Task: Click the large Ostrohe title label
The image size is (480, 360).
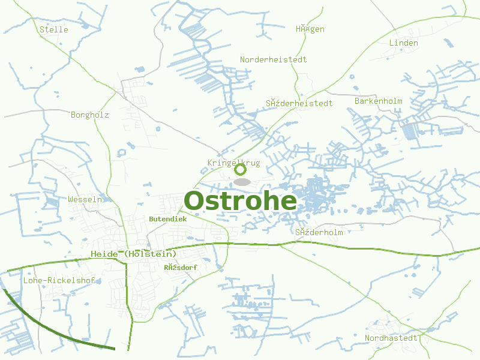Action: pos(240,201)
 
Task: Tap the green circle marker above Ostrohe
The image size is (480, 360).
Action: pos(240,170)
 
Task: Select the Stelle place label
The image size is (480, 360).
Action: pos(54,29)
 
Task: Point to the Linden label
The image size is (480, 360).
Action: pos(403,43)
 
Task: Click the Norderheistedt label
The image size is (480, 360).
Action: pos(273,59)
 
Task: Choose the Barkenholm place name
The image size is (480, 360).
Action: pos(378,101)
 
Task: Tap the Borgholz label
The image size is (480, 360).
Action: pos(90,115)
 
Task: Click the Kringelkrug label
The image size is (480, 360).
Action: pos(233,163)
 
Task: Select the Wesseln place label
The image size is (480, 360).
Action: pos(86,199)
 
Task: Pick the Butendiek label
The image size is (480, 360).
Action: pos(168,219)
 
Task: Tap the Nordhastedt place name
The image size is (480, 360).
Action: pos(391,338)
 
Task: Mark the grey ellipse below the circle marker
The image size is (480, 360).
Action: pos(241,181)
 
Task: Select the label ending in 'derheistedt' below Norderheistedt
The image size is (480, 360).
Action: pos(299,103)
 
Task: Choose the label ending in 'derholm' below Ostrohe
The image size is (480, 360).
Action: pos(319,232)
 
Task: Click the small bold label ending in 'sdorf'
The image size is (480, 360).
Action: pos(180,267)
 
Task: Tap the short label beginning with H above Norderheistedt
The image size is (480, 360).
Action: pos(310,29)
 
